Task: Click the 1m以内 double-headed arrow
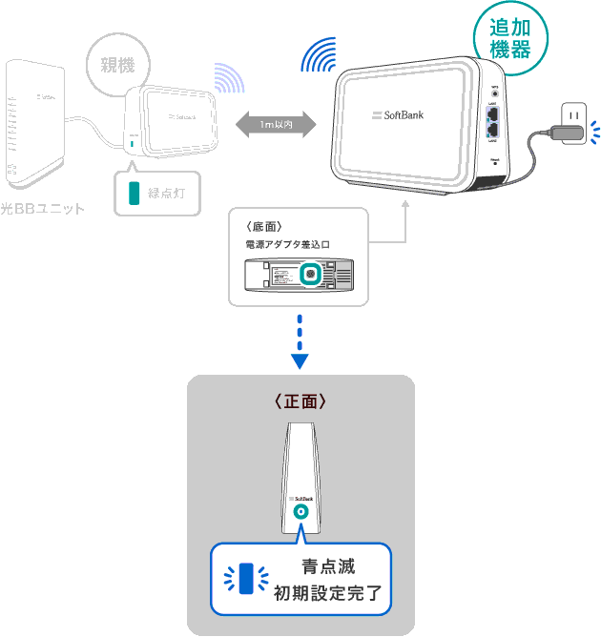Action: [276, 124]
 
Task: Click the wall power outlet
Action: [572, 116]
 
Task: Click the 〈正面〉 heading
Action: [300, 402]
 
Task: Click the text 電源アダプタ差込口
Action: [286, 245]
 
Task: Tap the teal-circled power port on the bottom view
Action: [311, 276]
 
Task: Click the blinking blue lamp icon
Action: [247, 578]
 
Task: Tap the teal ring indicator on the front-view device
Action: [300, 512]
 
